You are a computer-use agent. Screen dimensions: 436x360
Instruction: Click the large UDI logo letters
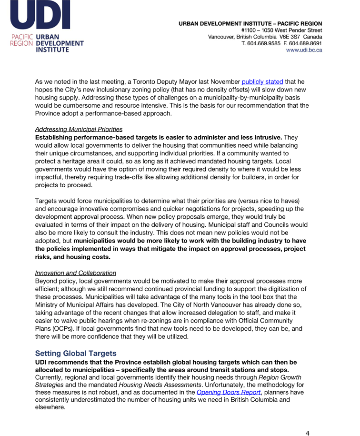40,15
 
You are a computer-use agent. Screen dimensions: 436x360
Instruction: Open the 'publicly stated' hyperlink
262,81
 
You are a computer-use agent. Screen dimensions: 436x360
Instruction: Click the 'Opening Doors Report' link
229,392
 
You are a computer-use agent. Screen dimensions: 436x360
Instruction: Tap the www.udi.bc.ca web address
304,50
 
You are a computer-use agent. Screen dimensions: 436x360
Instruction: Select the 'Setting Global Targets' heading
76,353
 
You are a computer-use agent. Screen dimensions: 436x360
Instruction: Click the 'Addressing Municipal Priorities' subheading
79,129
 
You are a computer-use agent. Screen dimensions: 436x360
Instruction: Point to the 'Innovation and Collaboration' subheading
75,273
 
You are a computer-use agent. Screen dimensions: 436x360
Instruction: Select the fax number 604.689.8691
306,43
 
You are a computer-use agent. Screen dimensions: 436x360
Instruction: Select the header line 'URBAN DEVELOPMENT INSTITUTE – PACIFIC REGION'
250,23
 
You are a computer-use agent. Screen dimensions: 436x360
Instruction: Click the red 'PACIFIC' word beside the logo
22,37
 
